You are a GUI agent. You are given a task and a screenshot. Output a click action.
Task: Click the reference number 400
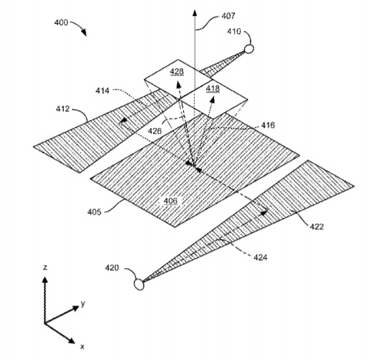click(x=61, y=22)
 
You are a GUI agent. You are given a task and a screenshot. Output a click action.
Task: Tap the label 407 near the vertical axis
click(x=228, y=16)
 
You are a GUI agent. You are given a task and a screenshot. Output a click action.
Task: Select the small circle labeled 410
click(x=248, y=49)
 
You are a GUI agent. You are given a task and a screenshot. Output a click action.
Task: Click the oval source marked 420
click(x=139, y=284)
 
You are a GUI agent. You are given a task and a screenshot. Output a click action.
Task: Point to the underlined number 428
click(x=177, y=72)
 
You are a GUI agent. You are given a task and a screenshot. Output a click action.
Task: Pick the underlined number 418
click(x=213, y=88)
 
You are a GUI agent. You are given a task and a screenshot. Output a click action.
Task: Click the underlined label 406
click(x=171, y=200)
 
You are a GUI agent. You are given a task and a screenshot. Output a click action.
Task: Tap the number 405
click(x=94, y=212)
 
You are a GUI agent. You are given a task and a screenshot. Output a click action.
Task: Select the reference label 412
click(x=62, y=109)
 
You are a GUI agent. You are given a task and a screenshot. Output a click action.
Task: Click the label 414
click(x=102, y=91)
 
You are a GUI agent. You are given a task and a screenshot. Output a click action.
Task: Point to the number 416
click(x=268, y=125)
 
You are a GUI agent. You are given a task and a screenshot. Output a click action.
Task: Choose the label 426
click(x=154, y=131)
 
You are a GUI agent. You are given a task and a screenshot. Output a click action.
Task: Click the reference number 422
click(x=317, y=226)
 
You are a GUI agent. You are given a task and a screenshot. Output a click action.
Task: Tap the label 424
click(x=261, y=258)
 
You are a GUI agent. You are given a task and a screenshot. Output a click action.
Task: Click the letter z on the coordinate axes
click(x=45, y=267)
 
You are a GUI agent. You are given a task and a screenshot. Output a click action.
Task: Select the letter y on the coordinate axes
click(x=83, y=303)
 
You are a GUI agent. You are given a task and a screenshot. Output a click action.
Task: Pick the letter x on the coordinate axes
click(x=82, y=346)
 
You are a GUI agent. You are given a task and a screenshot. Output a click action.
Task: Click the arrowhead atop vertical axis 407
click(x=195, y=13)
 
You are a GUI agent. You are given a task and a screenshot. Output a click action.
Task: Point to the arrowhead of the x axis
click(x=71, y=340)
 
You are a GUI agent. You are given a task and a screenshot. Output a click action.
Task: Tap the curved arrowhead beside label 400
click(x=84, y=32)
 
